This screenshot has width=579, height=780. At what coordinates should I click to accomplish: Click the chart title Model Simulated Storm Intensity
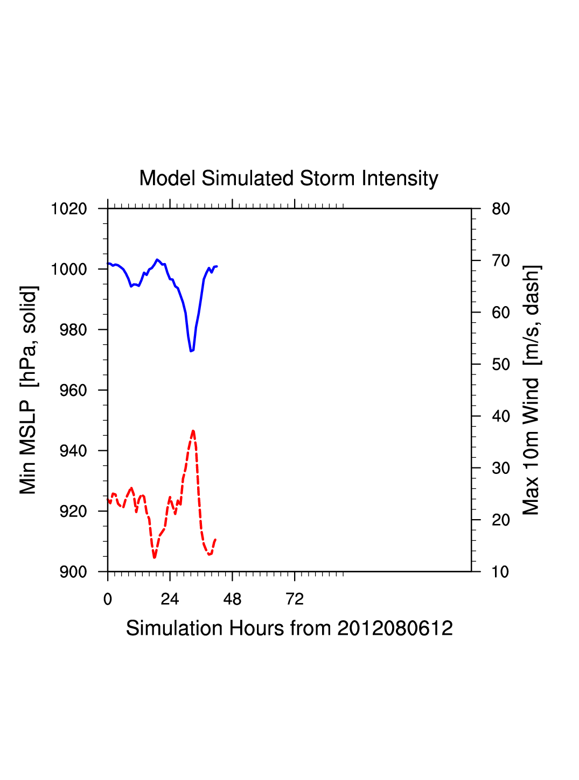289,179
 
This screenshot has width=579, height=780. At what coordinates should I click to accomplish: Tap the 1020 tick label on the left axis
69,209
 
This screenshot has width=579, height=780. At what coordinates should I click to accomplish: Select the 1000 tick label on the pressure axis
69,269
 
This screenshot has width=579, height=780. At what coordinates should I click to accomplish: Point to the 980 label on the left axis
73,330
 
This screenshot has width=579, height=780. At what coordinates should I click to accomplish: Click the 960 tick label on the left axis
73,391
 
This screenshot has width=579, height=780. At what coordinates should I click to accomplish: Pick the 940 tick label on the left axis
73,451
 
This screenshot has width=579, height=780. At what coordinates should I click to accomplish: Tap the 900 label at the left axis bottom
73,572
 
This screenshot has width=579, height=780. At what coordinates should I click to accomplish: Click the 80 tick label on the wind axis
501,209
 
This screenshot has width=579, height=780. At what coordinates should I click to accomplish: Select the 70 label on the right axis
501,261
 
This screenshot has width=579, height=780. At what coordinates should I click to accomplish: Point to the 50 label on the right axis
501,365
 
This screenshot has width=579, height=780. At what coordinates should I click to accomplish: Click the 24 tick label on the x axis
170,599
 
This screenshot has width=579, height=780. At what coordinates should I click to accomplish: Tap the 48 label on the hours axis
232,599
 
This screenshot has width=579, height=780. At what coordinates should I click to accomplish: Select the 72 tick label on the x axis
295,599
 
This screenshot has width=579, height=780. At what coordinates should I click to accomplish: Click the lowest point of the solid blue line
191,351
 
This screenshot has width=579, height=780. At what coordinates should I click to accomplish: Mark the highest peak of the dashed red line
193,431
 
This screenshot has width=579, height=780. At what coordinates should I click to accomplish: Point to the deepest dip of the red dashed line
155,558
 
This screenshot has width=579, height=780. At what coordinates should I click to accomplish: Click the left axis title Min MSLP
28,390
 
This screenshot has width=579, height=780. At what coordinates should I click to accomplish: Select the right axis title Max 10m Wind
531,390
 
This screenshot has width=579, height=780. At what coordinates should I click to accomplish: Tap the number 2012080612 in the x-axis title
395,628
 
